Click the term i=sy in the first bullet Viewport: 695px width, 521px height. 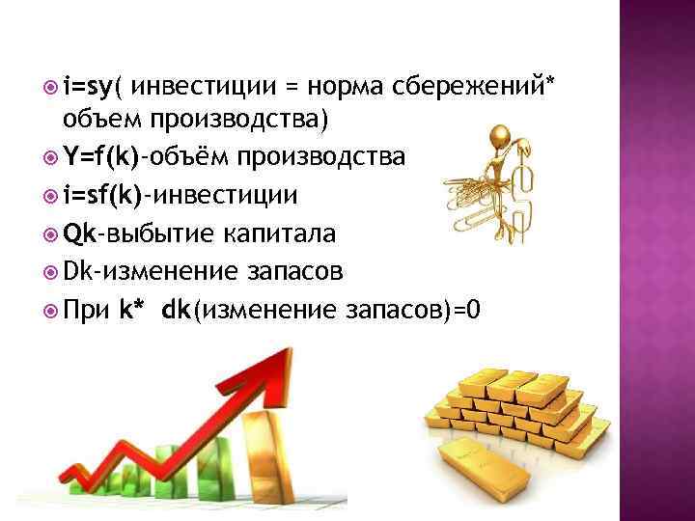(88, 87)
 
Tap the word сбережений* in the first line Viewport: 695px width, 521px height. (474, 87)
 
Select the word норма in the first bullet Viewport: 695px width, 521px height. (350, 87)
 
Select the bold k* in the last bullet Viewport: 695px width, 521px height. (132, 310)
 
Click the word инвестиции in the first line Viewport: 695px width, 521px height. (198, 87)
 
